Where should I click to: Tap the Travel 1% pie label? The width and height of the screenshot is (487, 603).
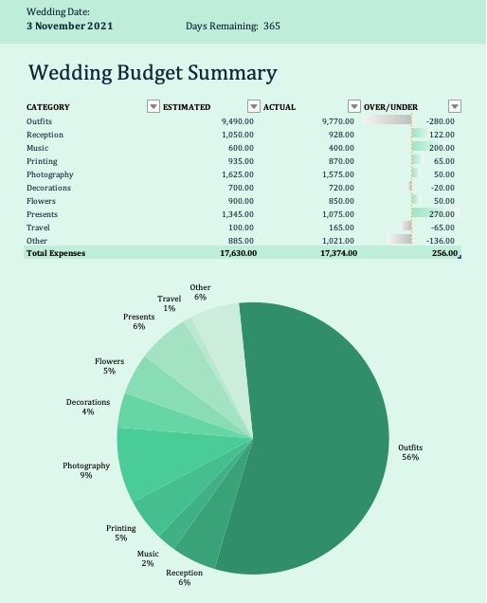pos(170,303)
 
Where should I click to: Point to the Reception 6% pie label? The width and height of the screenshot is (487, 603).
pos(184,577)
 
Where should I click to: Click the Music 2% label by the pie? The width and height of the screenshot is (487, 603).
pos(148,558)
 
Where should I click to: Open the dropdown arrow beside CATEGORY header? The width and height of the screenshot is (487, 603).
pos(153,106)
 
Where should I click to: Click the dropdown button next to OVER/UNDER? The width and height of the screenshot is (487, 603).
pos(455,106)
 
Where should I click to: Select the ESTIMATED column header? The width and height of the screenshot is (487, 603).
pos(187,107)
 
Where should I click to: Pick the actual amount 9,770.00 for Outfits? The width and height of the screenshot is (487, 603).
pos(338,121)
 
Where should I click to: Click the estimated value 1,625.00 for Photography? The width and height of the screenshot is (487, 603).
pos(238,174)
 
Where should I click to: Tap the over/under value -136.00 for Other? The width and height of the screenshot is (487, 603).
pos(441,241)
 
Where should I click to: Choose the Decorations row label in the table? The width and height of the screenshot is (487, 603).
pos(49,188)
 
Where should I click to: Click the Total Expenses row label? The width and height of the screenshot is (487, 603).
pos(56,253)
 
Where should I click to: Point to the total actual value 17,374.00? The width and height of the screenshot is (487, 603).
pos(338,253)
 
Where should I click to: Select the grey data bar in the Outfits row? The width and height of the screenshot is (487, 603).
pos(388,120)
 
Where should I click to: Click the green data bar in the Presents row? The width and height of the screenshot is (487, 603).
pos(436,212)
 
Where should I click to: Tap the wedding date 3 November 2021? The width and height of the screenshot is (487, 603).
pos(69,27)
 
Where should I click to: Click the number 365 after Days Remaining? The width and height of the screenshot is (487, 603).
pos(272,27)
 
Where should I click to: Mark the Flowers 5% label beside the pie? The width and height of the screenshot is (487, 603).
pos(110,366)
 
